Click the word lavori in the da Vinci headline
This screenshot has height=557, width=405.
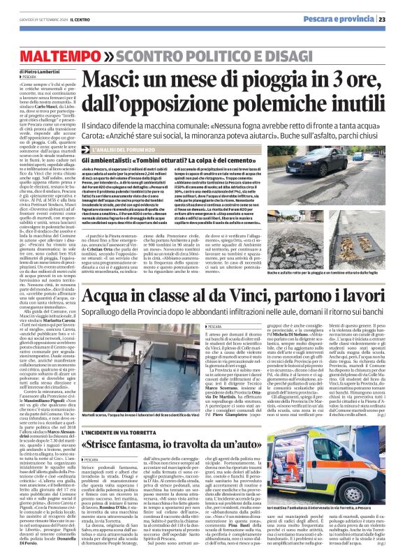(x=362, y=288)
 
